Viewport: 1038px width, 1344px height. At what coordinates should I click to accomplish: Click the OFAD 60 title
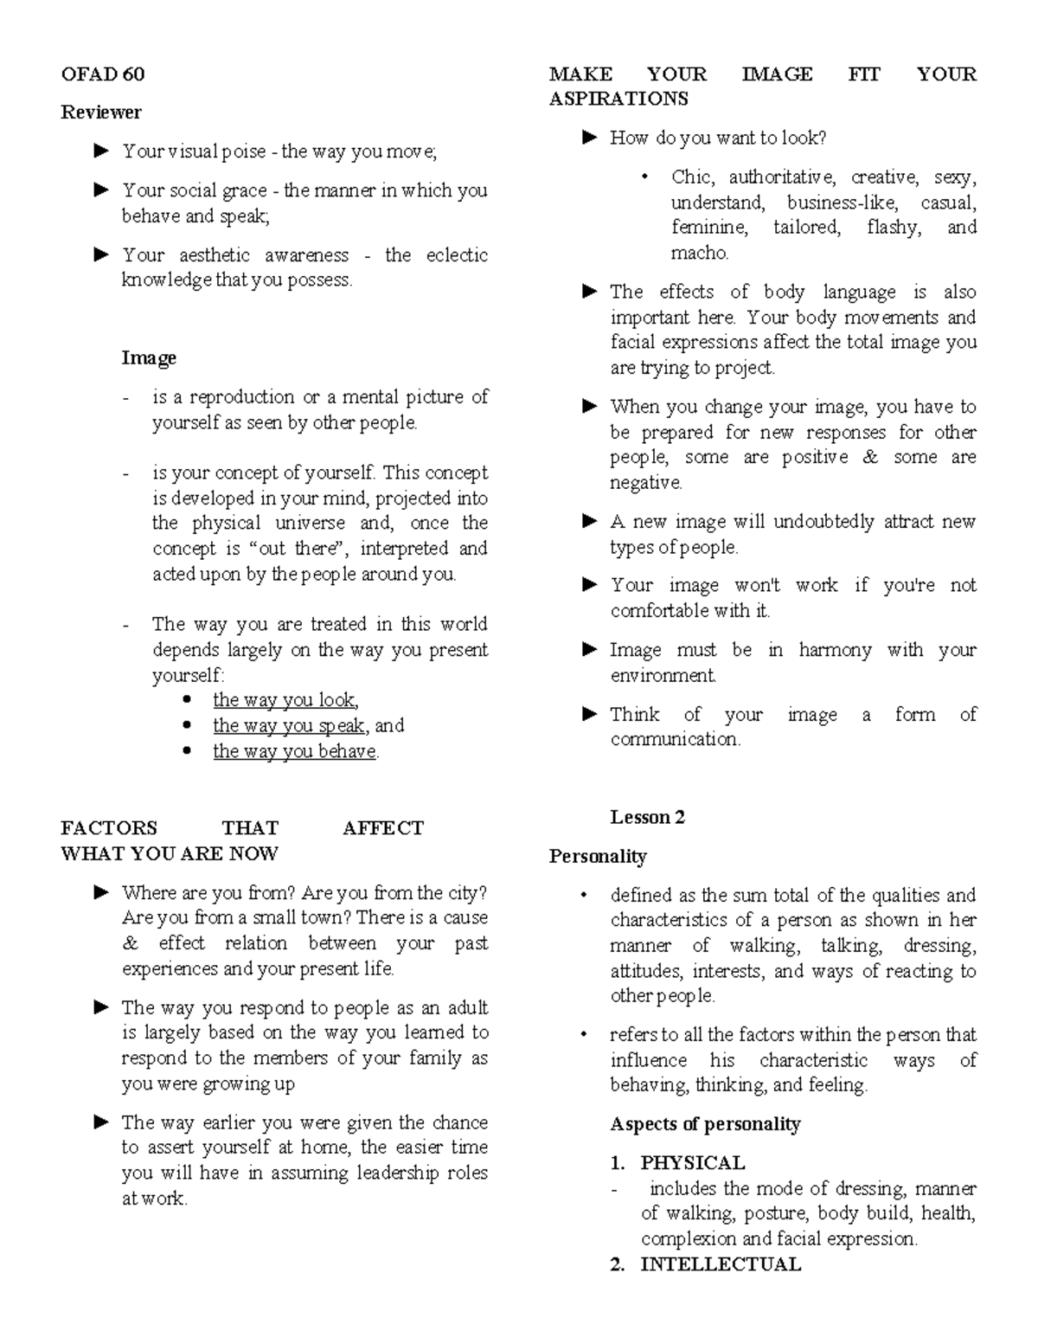102,74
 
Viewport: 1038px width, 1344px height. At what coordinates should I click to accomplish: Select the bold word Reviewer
101,113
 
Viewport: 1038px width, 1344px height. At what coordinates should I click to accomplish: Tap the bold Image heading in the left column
149,358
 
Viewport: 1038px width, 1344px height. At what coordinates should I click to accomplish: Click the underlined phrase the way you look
285,700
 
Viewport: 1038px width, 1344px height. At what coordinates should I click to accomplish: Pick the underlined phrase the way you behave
294,751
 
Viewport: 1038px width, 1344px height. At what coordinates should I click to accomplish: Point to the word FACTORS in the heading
109,828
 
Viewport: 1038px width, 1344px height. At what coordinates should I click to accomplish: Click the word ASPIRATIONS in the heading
618,100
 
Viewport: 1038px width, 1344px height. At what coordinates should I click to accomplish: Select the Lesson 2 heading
647,818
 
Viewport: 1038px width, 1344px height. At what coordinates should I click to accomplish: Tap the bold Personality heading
598,857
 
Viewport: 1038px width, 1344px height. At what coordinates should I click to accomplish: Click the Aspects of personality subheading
705,1124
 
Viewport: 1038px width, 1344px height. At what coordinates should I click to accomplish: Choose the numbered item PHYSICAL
692,1163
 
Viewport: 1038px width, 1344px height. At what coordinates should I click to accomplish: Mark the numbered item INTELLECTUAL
720,1264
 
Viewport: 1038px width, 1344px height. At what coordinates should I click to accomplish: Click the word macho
699,253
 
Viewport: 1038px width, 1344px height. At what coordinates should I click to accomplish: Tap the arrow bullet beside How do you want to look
590,138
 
